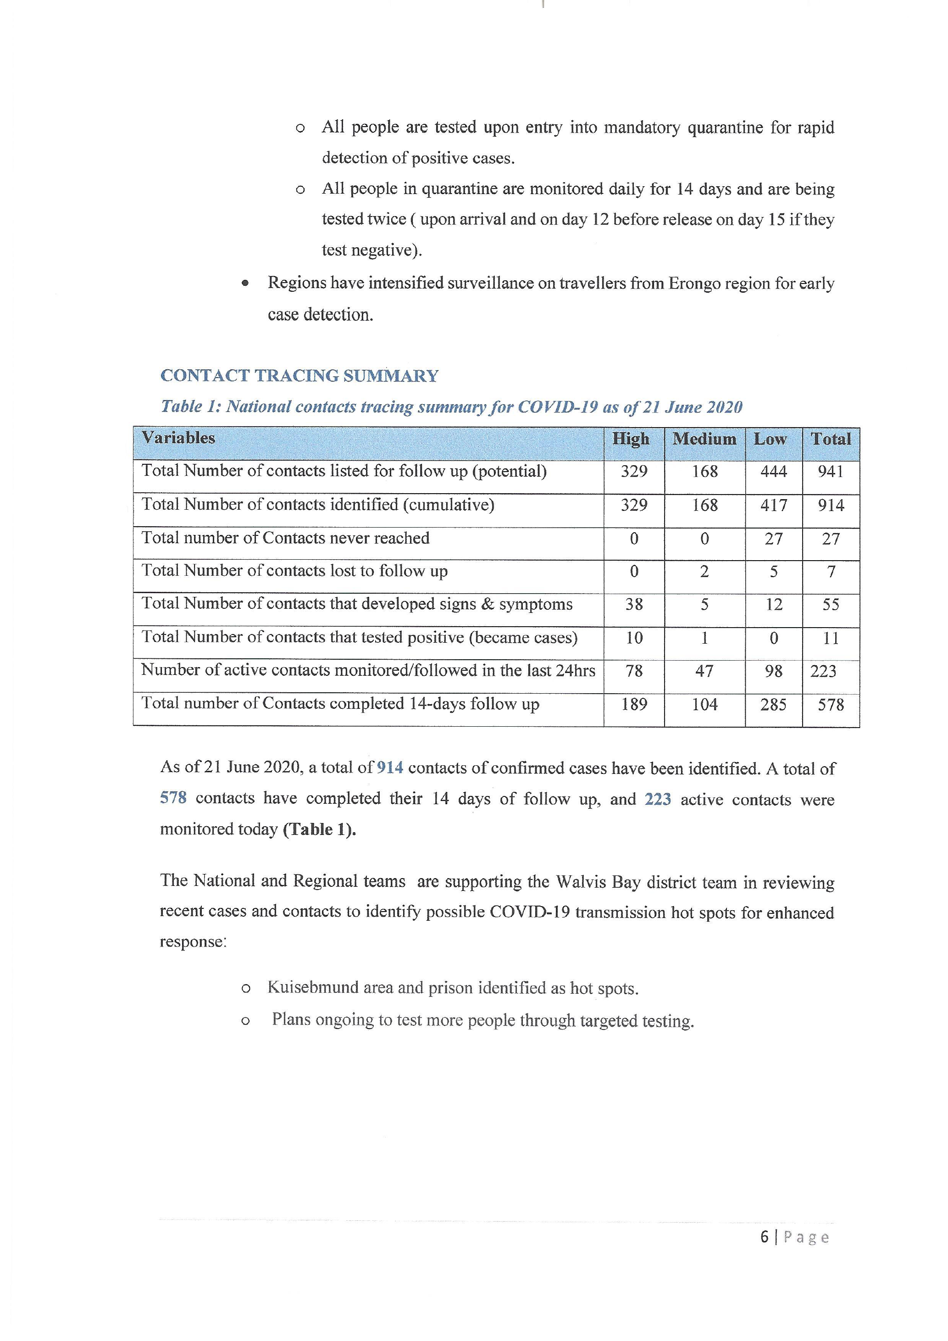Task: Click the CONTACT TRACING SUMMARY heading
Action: tap(299, 376)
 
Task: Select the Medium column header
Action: tap(704, 439)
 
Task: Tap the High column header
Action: tap(631, 439)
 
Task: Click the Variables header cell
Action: tap(178, 438)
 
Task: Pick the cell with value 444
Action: tap(773, 471)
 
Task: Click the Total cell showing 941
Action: tap(831, 471)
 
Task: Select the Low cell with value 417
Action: tap(773, 505)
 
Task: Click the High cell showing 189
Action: tap(634, 704)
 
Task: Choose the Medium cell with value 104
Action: tap(704, 704)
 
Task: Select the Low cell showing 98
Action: tap(773, 671)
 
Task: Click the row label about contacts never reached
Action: tap(285, 538)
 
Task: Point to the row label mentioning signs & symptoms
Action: tap(357, 604)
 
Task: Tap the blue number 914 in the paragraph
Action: tap(390, 768)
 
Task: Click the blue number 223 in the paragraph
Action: tap(657, 798)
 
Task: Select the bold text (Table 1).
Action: tap(319, 829)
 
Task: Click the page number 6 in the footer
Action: tap(764, 1237)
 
